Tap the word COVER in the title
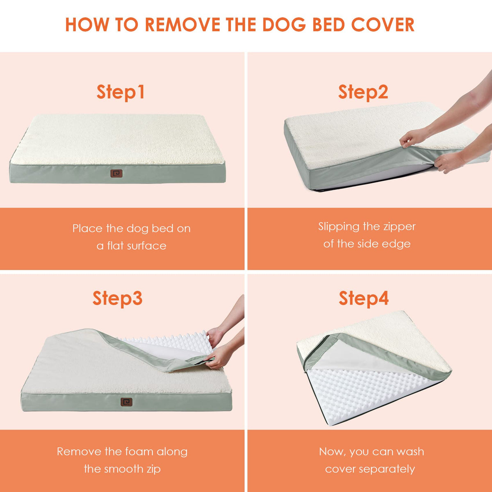pos(383,25)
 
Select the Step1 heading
pos(121,92)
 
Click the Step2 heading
pos(363,92)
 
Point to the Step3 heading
pos(117,298)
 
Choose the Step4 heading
pos(364,298)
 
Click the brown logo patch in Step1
pos(116,173)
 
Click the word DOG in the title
pos(284,25)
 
